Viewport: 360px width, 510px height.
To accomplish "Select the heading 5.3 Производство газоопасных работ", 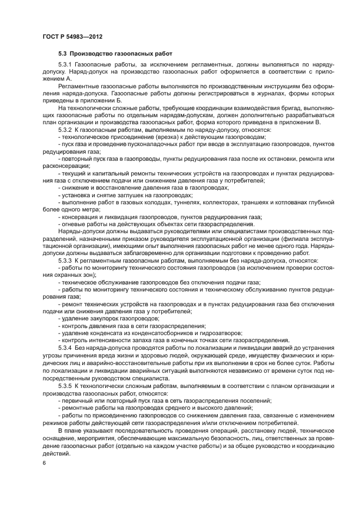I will pos(115,54).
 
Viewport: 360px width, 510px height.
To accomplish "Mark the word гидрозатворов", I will pos(221,332).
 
